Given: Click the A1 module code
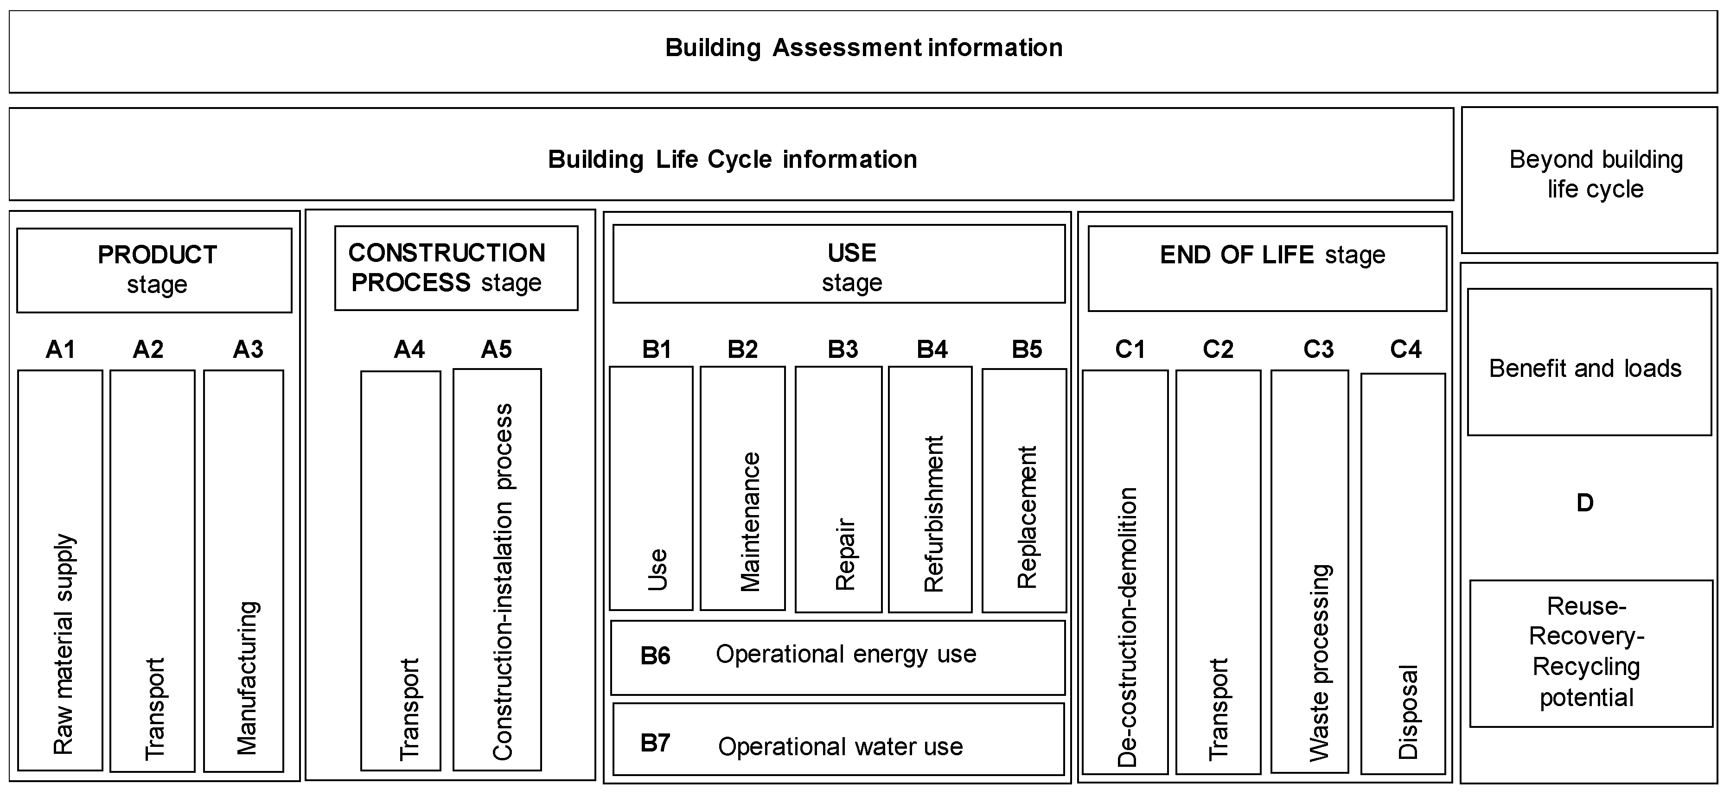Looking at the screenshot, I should click(60, 349).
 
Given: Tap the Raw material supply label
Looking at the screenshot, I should click(64, 643).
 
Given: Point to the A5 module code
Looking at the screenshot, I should click(496, 349).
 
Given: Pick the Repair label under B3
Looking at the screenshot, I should click(845, 554).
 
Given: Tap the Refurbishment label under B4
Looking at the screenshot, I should click(933, 514).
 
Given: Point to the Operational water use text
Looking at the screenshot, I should click(840, 746).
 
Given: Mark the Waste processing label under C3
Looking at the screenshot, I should click(1319, 662).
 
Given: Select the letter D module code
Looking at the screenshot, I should click(1584, 503).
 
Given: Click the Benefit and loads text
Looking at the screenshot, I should click(1585, 368).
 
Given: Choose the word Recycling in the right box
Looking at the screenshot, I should click(1586, 666).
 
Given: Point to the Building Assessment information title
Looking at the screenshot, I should click(864, 48).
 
